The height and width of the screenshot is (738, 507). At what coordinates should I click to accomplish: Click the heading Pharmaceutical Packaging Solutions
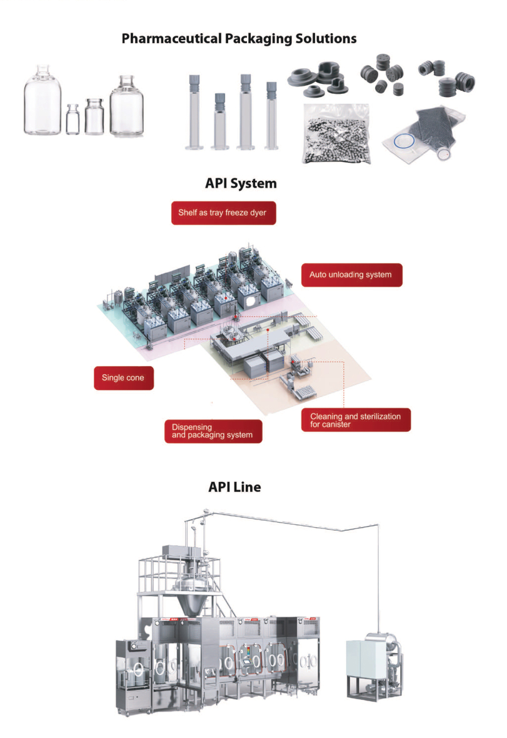[x=239, y=39]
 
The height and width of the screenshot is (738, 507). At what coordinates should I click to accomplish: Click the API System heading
[x=241, y=183]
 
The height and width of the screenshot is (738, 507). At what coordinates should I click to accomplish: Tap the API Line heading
[x=234, y=486]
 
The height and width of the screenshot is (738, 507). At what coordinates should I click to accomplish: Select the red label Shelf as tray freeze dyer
[x=223, y=213]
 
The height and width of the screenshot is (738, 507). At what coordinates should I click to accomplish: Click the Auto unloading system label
[x=351, y=275]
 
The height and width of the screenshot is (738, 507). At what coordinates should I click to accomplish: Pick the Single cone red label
[x=124, y=378]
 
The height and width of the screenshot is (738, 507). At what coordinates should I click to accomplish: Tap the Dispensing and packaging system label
[x=213, y=431]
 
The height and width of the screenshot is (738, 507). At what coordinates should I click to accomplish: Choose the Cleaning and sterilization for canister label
[x=356, y=420]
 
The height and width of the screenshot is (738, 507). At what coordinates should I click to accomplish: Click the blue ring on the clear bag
[x=404, y=141]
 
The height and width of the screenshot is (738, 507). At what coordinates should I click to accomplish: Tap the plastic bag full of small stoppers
[x=336, y=134]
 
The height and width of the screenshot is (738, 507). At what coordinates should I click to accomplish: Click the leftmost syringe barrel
[x=194, y=112]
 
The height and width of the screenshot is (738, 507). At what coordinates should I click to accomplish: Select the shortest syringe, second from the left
[x=220, y=121]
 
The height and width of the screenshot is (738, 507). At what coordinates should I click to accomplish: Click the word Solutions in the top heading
[x=326, y=39]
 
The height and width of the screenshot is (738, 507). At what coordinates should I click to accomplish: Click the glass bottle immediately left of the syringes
[x=126, y=106]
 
